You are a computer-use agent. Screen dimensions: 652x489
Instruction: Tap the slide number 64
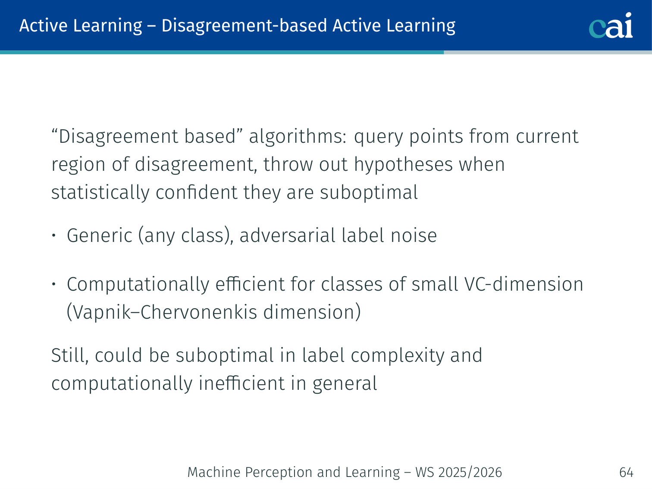click(x=626, y=472)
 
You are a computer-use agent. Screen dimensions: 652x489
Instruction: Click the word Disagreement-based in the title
click(x=244, y=26)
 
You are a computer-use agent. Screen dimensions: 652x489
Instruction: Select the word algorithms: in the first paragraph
click(x=298, y=137)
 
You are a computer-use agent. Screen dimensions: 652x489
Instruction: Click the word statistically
click(x=100, y=192)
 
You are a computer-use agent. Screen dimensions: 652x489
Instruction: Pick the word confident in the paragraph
click(x=196, y=192)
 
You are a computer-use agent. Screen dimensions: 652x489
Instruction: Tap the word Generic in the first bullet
click(x=100, y=235)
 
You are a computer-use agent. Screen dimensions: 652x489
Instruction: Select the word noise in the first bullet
click(x=414, y=236)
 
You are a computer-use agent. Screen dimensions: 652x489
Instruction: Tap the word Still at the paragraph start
click(x=70, y=355)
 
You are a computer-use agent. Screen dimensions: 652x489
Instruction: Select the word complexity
click(x=398, y=356)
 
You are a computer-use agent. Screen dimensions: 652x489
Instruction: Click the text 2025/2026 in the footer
click(x=470, y=472)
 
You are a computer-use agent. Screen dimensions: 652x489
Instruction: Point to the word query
click(x=379, y=137)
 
